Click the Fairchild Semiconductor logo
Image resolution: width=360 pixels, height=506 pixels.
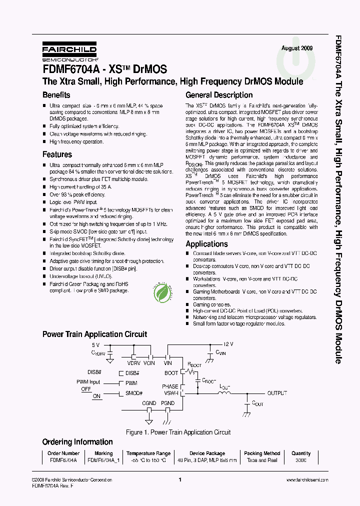point(69,51)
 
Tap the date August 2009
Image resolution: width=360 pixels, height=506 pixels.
point(297,48)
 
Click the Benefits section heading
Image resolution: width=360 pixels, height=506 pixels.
point(56,95)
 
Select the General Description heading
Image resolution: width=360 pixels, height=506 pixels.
point(219,95)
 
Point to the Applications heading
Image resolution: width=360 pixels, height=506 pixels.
point(206,244)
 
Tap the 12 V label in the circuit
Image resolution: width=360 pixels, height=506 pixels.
point(228,344)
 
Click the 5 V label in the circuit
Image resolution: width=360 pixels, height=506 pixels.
point(95,345)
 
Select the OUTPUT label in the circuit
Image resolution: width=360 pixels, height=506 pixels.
point(277,393)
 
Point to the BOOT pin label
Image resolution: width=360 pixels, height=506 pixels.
point(171,373)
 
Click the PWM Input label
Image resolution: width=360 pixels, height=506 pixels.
point(88,382)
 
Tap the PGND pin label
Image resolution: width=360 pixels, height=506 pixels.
point(167,403)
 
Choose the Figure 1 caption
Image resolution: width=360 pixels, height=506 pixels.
point(178,432)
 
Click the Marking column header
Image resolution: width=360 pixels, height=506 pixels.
point(103,453)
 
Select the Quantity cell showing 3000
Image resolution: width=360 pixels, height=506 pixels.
point(301,460)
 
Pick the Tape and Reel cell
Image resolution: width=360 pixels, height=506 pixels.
point(262,460)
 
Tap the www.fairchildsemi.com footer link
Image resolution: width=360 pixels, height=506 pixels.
point(307,480)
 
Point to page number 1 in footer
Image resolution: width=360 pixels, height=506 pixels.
point(179,480)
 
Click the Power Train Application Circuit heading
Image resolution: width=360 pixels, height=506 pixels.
point(94,334)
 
